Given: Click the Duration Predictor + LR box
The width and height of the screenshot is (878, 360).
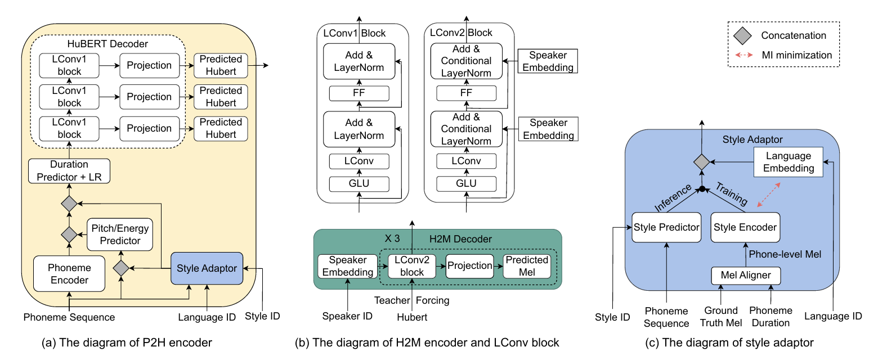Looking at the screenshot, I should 69,171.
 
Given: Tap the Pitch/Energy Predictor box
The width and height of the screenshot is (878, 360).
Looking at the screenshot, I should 120,235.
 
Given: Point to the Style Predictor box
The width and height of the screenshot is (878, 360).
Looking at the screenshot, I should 666,227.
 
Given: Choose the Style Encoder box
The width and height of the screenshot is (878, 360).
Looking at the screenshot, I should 745,227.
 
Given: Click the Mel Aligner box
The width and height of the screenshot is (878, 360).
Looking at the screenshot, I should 746,276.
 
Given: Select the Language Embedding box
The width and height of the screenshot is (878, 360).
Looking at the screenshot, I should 787,162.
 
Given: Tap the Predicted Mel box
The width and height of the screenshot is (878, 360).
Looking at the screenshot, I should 526,265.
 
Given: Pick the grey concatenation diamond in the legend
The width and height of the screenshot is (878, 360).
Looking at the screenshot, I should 743,35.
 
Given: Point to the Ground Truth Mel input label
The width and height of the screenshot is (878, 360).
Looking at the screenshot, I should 721,317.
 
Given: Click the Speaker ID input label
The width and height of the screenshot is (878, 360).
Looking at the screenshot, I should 348,316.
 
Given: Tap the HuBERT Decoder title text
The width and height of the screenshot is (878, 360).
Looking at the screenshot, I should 109,43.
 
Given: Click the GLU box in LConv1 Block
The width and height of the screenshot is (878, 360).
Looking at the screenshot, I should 359,184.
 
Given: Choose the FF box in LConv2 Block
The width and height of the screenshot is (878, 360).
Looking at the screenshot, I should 466,93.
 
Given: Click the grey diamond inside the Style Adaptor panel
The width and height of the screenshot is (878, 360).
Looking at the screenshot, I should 701,162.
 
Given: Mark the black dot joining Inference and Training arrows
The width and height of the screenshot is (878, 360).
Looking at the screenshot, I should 702,188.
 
